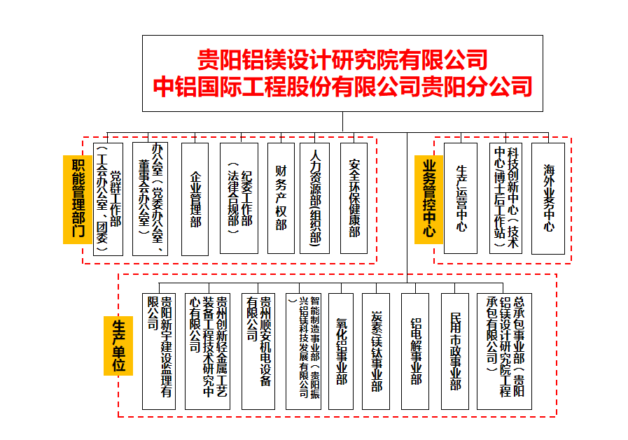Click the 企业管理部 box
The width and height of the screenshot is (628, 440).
tap(195, 198)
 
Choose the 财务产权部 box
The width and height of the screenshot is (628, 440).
tap(281, 198)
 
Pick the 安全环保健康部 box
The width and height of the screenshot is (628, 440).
tap(354, 198)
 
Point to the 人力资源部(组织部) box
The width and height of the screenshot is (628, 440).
tap(314, 198)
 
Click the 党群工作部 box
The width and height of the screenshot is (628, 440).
tap(108, 198)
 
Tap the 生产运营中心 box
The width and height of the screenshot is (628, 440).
tap(461, 198)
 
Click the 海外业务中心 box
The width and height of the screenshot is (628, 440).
tap(548, 198)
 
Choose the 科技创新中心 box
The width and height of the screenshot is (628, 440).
tap(505, 198)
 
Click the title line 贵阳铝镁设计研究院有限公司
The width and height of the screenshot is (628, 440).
tap(342, 57)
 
